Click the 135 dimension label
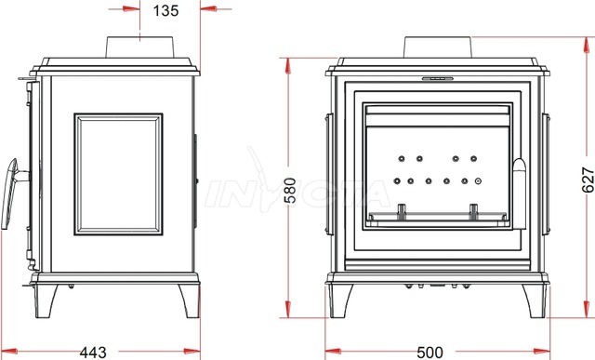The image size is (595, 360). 165,10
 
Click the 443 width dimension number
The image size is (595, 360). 93,353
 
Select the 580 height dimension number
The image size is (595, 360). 291,191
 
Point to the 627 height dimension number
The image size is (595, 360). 588,180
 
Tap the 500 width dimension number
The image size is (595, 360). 430,353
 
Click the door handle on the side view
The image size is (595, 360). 10,193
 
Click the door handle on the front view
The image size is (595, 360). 519,193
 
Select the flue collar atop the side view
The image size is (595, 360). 140,47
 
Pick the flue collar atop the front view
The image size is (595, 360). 438,47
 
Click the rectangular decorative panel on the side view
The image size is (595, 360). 118,174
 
